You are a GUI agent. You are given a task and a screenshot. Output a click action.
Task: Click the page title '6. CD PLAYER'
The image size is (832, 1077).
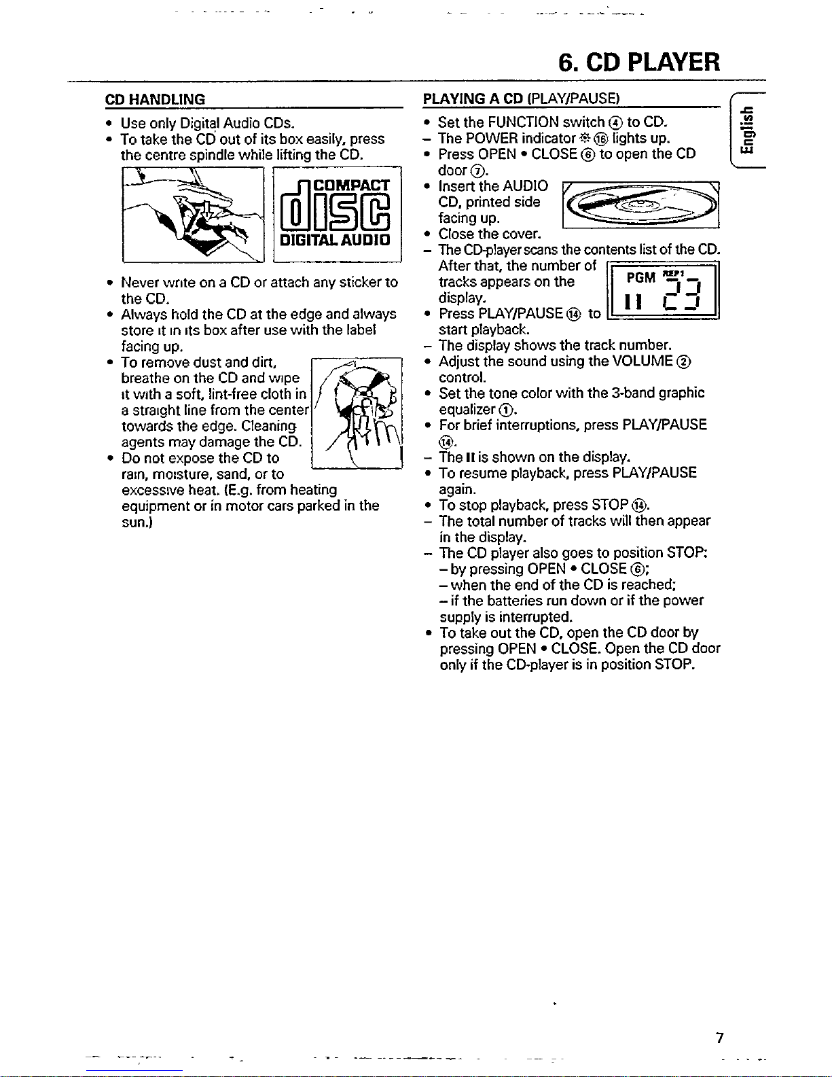(639, 63)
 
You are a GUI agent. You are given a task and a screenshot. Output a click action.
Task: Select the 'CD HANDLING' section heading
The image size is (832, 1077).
(155, 99)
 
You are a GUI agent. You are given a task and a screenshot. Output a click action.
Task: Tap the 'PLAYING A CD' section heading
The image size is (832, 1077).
(473, 98)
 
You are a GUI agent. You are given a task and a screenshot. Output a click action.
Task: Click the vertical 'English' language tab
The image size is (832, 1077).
(747, 130)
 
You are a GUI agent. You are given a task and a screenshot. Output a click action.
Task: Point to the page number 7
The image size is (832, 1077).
(719, 1038)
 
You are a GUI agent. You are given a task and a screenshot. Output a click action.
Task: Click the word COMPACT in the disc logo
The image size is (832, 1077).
(352, 186)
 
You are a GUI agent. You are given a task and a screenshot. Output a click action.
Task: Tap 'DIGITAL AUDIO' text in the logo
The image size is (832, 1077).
(336, 240)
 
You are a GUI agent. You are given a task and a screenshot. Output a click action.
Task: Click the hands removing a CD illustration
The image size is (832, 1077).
(193, 215)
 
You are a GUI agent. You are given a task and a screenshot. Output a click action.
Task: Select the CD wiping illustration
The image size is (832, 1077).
(357, 413)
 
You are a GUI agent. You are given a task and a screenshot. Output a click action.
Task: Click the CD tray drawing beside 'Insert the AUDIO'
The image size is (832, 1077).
(641, 205)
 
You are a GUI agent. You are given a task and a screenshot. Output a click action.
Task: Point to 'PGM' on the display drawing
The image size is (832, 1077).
(641, 277)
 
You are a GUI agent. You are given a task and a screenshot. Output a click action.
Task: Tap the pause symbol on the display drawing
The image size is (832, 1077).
(633, 301)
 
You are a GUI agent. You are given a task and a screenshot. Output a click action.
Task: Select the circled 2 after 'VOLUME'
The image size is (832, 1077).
(685, 362)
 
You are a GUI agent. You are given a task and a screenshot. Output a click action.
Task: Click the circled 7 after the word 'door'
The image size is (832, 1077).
(477, 171)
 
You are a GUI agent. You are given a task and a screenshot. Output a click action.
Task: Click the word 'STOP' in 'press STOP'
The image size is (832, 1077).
(610, 505)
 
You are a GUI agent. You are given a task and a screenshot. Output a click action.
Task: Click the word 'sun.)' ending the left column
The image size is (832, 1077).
(137, 523)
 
